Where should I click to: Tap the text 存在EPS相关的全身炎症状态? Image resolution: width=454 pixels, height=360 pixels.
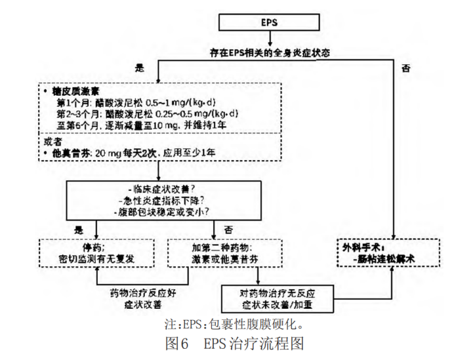[270, 51]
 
